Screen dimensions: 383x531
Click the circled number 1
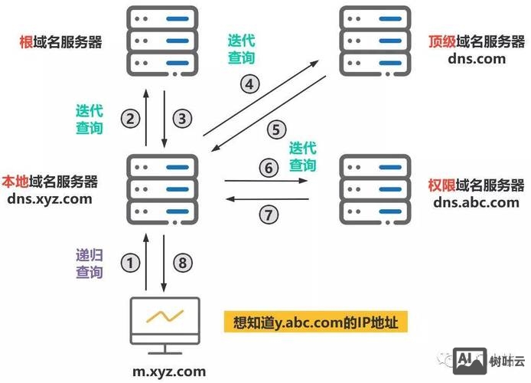tap(132, 263)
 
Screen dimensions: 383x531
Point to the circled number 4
tap(249, 84)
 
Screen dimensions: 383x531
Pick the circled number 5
tap(277, 129)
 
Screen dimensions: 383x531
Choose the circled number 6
tap(268, 167)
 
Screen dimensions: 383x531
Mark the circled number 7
tap(268, 215)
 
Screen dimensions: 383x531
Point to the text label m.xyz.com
tap(168, 372)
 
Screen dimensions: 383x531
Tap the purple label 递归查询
tap(89, 263)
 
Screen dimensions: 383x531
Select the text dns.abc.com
tap(475, 202)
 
